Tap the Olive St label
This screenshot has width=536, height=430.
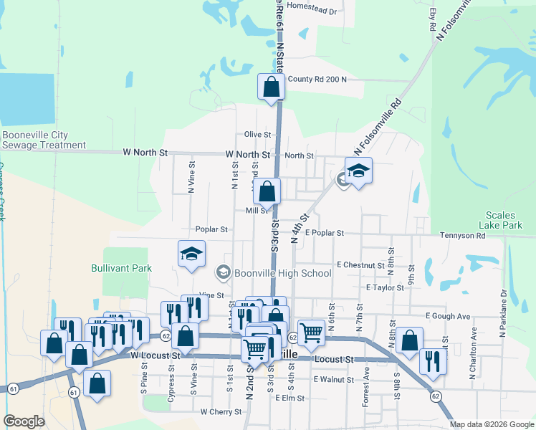258,134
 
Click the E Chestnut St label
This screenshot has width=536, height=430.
360,265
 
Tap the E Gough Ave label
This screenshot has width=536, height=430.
447,316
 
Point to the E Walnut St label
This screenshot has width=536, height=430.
334,379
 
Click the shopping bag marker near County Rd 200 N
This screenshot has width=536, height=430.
271,88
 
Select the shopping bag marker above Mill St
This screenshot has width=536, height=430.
267,191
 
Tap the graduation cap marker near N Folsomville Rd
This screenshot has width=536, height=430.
358,171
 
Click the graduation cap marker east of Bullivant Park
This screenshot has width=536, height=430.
192,254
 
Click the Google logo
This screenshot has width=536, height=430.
24,421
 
